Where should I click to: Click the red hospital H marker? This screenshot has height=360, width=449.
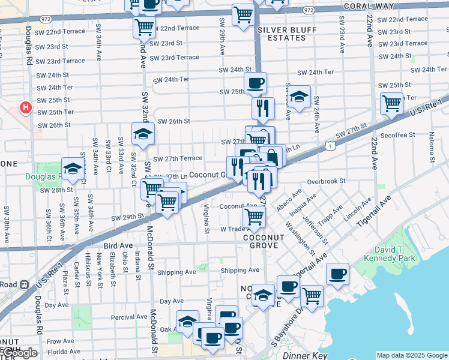click(25, 108)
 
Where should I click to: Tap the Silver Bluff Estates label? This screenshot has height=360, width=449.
click(282, 34)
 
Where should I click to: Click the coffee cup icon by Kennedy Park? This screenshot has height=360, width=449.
click(337, 274)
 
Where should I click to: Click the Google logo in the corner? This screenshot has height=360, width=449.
click(20, 353)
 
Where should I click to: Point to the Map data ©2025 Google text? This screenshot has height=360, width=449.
click(412, 355)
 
